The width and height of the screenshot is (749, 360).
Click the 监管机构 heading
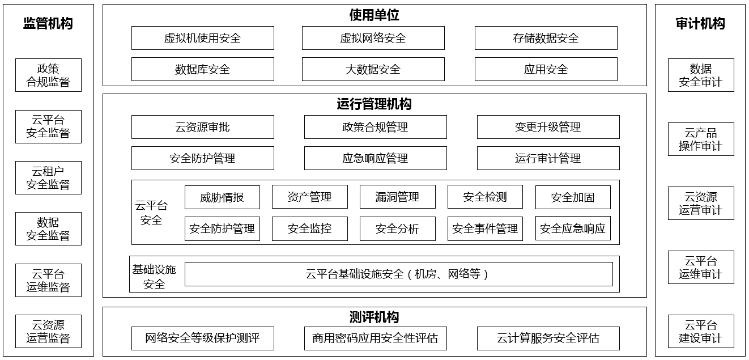pos(48,24)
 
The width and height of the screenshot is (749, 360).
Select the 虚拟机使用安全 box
pos(203,38)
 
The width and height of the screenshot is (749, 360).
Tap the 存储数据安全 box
pos(546,38)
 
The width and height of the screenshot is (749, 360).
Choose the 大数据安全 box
pos(373,69)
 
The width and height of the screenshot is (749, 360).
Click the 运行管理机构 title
pos(374,104)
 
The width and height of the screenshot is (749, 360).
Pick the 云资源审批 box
pos(203,127)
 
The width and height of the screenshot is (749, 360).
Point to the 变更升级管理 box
pos(548,127)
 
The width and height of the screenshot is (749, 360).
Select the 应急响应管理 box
pos(376,158)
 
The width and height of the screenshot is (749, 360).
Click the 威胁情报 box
pos(222,197)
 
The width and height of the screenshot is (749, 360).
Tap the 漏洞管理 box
pos(398,197)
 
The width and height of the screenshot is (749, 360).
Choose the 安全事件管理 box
pos(485,229)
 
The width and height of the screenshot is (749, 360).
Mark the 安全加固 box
pos(573,197)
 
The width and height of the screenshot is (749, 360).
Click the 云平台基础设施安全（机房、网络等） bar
pos(399,274)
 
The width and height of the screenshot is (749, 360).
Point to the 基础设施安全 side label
pos(154,277)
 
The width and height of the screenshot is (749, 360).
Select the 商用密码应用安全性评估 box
pos(376,338)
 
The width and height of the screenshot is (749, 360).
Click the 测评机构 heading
pos(374,317)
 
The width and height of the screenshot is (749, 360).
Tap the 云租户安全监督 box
pos(49,178)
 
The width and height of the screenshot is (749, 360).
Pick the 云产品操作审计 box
pos(701,139)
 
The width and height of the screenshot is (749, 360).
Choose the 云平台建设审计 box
pos(701,332)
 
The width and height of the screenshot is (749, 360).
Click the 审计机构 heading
pos(700,24)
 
